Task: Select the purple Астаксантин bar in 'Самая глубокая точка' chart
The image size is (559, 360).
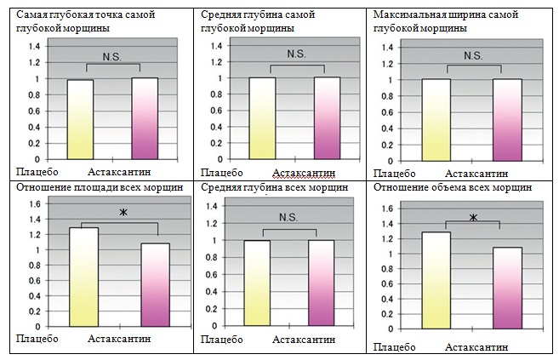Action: (x=145, y=118)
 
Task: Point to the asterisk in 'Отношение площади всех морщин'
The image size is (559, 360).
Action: (x=123, y=212)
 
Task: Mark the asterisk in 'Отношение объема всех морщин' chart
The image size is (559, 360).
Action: (x=473, y=218)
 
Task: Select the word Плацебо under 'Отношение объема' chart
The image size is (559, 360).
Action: (x=395, y=347)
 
